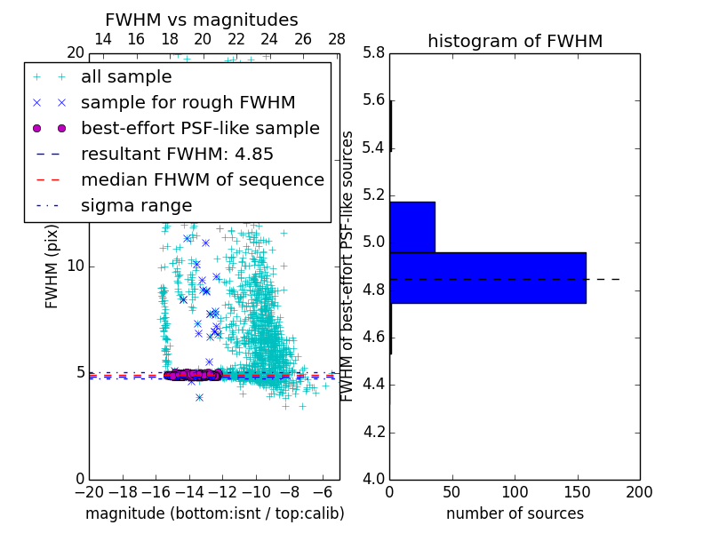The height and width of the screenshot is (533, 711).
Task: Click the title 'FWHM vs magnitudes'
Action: [201, 20]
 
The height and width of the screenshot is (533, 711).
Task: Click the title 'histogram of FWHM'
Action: [515, 41]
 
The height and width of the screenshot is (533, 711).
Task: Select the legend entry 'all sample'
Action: [126, 76]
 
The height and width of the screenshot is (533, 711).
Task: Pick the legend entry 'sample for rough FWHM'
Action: [188, 102]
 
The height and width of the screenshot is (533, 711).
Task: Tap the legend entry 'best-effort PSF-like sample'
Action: [200, 128]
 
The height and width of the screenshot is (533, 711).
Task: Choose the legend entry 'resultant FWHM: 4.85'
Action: [177, 154]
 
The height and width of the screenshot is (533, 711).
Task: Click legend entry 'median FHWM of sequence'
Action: [202, 179]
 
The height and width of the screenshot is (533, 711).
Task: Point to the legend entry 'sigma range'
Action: [136, 205]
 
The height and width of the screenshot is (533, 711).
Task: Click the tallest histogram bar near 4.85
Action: [487, 277]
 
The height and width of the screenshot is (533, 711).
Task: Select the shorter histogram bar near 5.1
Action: [412, 227]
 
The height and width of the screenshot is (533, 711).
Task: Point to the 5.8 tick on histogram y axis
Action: [373, 52]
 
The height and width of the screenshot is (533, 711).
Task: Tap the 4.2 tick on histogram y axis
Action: [373, 432]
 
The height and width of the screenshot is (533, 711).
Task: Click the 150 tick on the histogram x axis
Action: [577, 491]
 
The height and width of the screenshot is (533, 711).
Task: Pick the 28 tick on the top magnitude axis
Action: [337, 39]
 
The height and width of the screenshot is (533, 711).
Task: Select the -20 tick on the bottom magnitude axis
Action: [88, 491]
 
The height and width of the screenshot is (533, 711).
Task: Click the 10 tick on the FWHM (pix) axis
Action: [76, 266]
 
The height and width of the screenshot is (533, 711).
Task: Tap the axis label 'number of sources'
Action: [515, 513]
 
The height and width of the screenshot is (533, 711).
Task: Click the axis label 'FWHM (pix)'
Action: [52, 266]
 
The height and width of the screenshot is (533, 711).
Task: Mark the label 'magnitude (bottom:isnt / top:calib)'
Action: [214, 513]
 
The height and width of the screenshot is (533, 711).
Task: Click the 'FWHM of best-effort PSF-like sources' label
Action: [348, 266]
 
